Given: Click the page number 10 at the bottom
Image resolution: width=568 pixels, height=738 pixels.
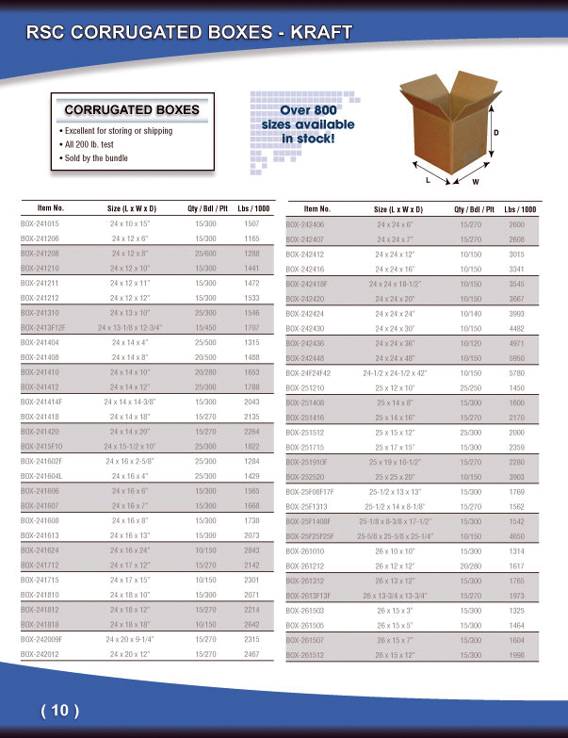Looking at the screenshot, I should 59,711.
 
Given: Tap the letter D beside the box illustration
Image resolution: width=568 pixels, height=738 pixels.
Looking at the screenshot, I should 496,133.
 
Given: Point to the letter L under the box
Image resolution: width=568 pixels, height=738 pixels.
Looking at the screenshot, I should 429,178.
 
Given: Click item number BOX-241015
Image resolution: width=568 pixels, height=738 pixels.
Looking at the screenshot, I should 40,224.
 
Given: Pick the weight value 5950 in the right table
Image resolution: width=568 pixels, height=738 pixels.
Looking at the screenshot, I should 516,359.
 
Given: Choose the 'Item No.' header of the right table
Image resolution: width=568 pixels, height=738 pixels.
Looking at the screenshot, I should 316,208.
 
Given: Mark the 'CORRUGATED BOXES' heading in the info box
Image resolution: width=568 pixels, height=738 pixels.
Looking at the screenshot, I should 132,110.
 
